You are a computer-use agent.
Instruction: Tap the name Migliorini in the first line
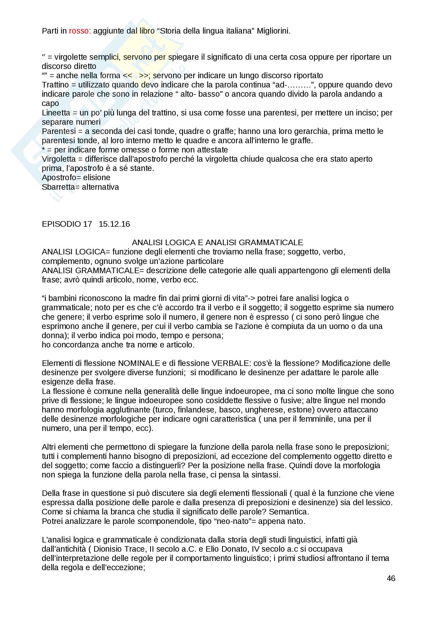(x=273, y=31)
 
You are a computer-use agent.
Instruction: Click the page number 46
(x=391, y=578)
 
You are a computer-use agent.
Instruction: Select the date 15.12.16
(x=114, y=224)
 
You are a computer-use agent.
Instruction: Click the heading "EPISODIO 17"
(x=67, y=224)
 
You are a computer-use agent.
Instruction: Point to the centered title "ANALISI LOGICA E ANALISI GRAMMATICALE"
(x=217, y=243)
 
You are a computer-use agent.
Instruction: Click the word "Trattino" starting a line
(x=55, y=85)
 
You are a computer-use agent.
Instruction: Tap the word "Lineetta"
(x=56, y=113)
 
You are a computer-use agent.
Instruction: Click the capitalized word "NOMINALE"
(x=139, y=363)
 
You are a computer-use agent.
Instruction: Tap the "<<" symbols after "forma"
(x=127, y=76)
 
